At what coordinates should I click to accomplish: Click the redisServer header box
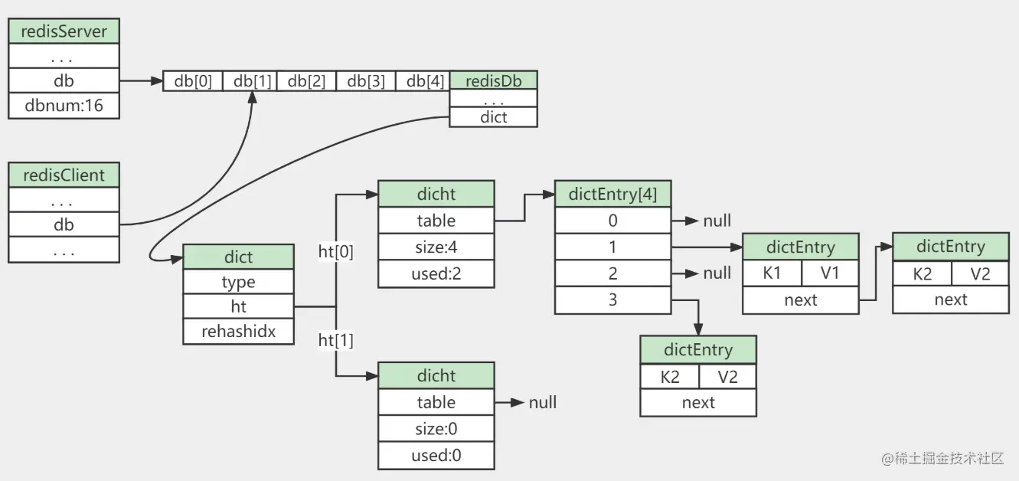click(64, 31)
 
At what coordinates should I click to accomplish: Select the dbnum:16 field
click(64, 105)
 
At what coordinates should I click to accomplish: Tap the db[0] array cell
click(193, 81)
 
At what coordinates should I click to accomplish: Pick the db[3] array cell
click(366, 81)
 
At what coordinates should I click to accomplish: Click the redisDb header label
click(493, 80)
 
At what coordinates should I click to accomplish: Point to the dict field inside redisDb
click(493, 117)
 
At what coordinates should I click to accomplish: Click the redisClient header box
click(64, 175)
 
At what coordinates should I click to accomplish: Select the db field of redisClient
click(64, 225)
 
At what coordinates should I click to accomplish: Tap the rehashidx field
click(238, 332)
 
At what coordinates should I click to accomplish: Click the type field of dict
click(238, 282)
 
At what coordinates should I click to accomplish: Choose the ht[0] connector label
click(336, 251)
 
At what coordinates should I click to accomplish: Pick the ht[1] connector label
click(336, 340)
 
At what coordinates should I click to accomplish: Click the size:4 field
click(436, 247)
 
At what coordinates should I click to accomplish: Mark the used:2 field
click(436, 274)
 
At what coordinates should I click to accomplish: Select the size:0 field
click(436, 429)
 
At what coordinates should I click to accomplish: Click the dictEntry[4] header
click(612, 195)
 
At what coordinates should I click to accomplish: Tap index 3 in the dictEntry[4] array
click(612, 299)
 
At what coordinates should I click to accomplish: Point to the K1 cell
click(772, 273)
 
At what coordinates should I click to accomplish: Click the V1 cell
click(830, 273)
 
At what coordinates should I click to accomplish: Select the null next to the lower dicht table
click(543, 402)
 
